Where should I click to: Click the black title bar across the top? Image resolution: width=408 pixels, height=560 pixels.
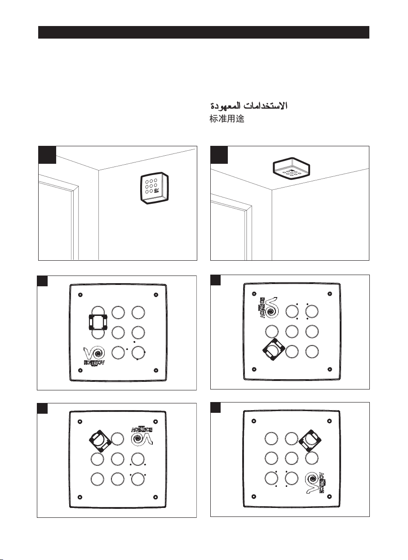point(204,32)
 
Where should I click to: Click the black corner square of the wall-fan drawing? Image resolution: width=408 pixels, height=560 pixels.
point(47,154)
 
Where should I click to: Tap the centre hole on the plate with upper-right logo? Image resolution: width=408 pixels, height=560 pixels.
point(117,459)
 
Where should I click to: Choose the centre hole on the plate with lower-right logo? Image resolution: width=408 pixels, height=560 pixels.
point(291,458)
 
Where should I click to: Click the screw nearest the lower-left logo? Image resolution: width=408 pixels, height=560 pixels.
point(80,370)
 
